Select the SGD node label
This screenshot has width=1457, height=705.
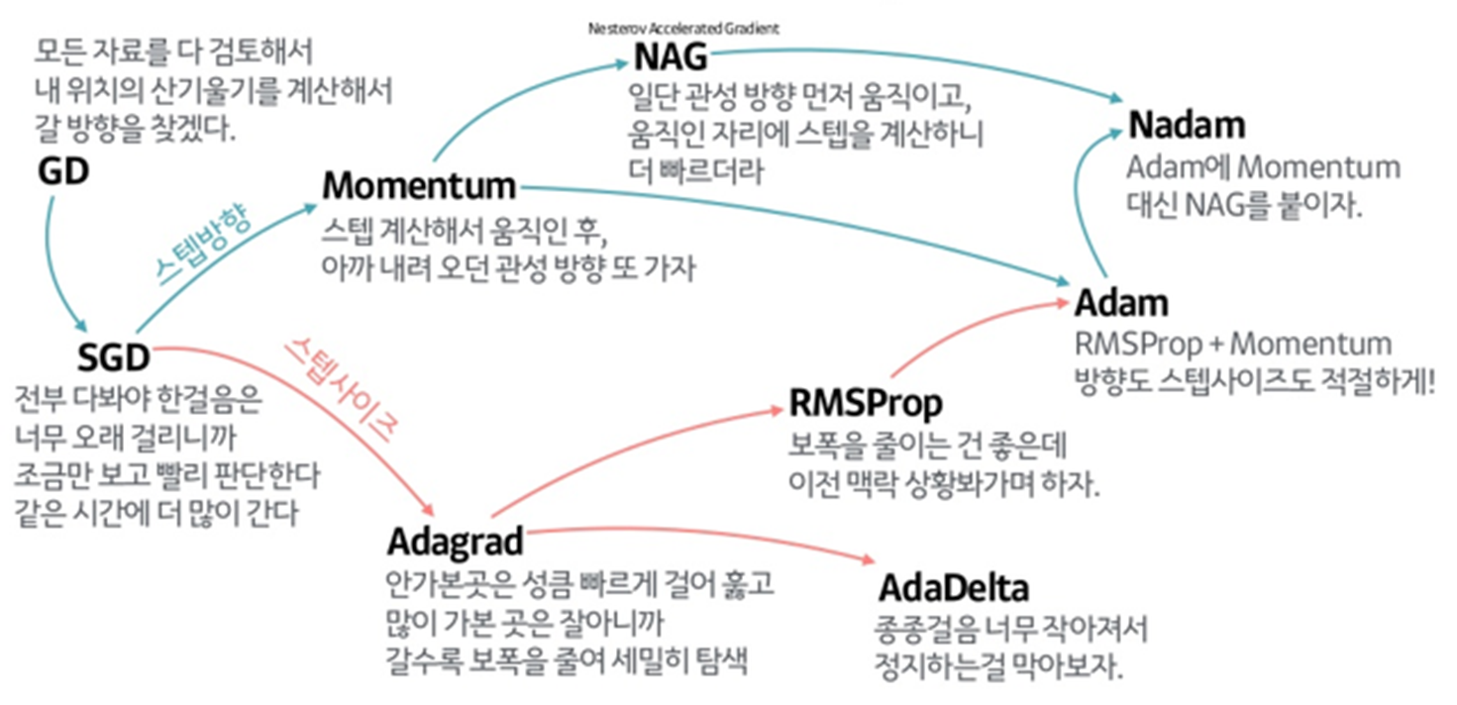pos(113,355)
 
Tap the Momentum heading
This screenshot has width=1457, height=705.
pos(419,186)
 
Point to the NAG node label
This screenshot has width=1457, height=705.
pos(671,58)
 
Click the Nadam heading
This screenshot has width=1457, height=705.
pos(1186,126)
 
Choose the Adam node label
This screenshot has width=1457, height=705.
pos(1121,302)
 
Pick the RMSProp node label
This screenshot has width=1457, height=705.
pos(866,404)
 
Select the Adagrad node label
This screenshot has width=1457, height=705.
pos(454,542)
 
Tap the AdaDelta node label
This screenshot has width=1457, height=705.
pos(953,588)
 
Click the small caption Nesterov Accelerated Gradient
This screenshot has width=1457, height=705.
pos(683,29)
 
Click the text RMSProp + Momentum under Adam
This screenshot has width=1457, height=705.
pos(1232,345)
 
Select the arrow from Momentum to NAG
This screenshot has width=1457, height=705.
pos(505,94)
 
